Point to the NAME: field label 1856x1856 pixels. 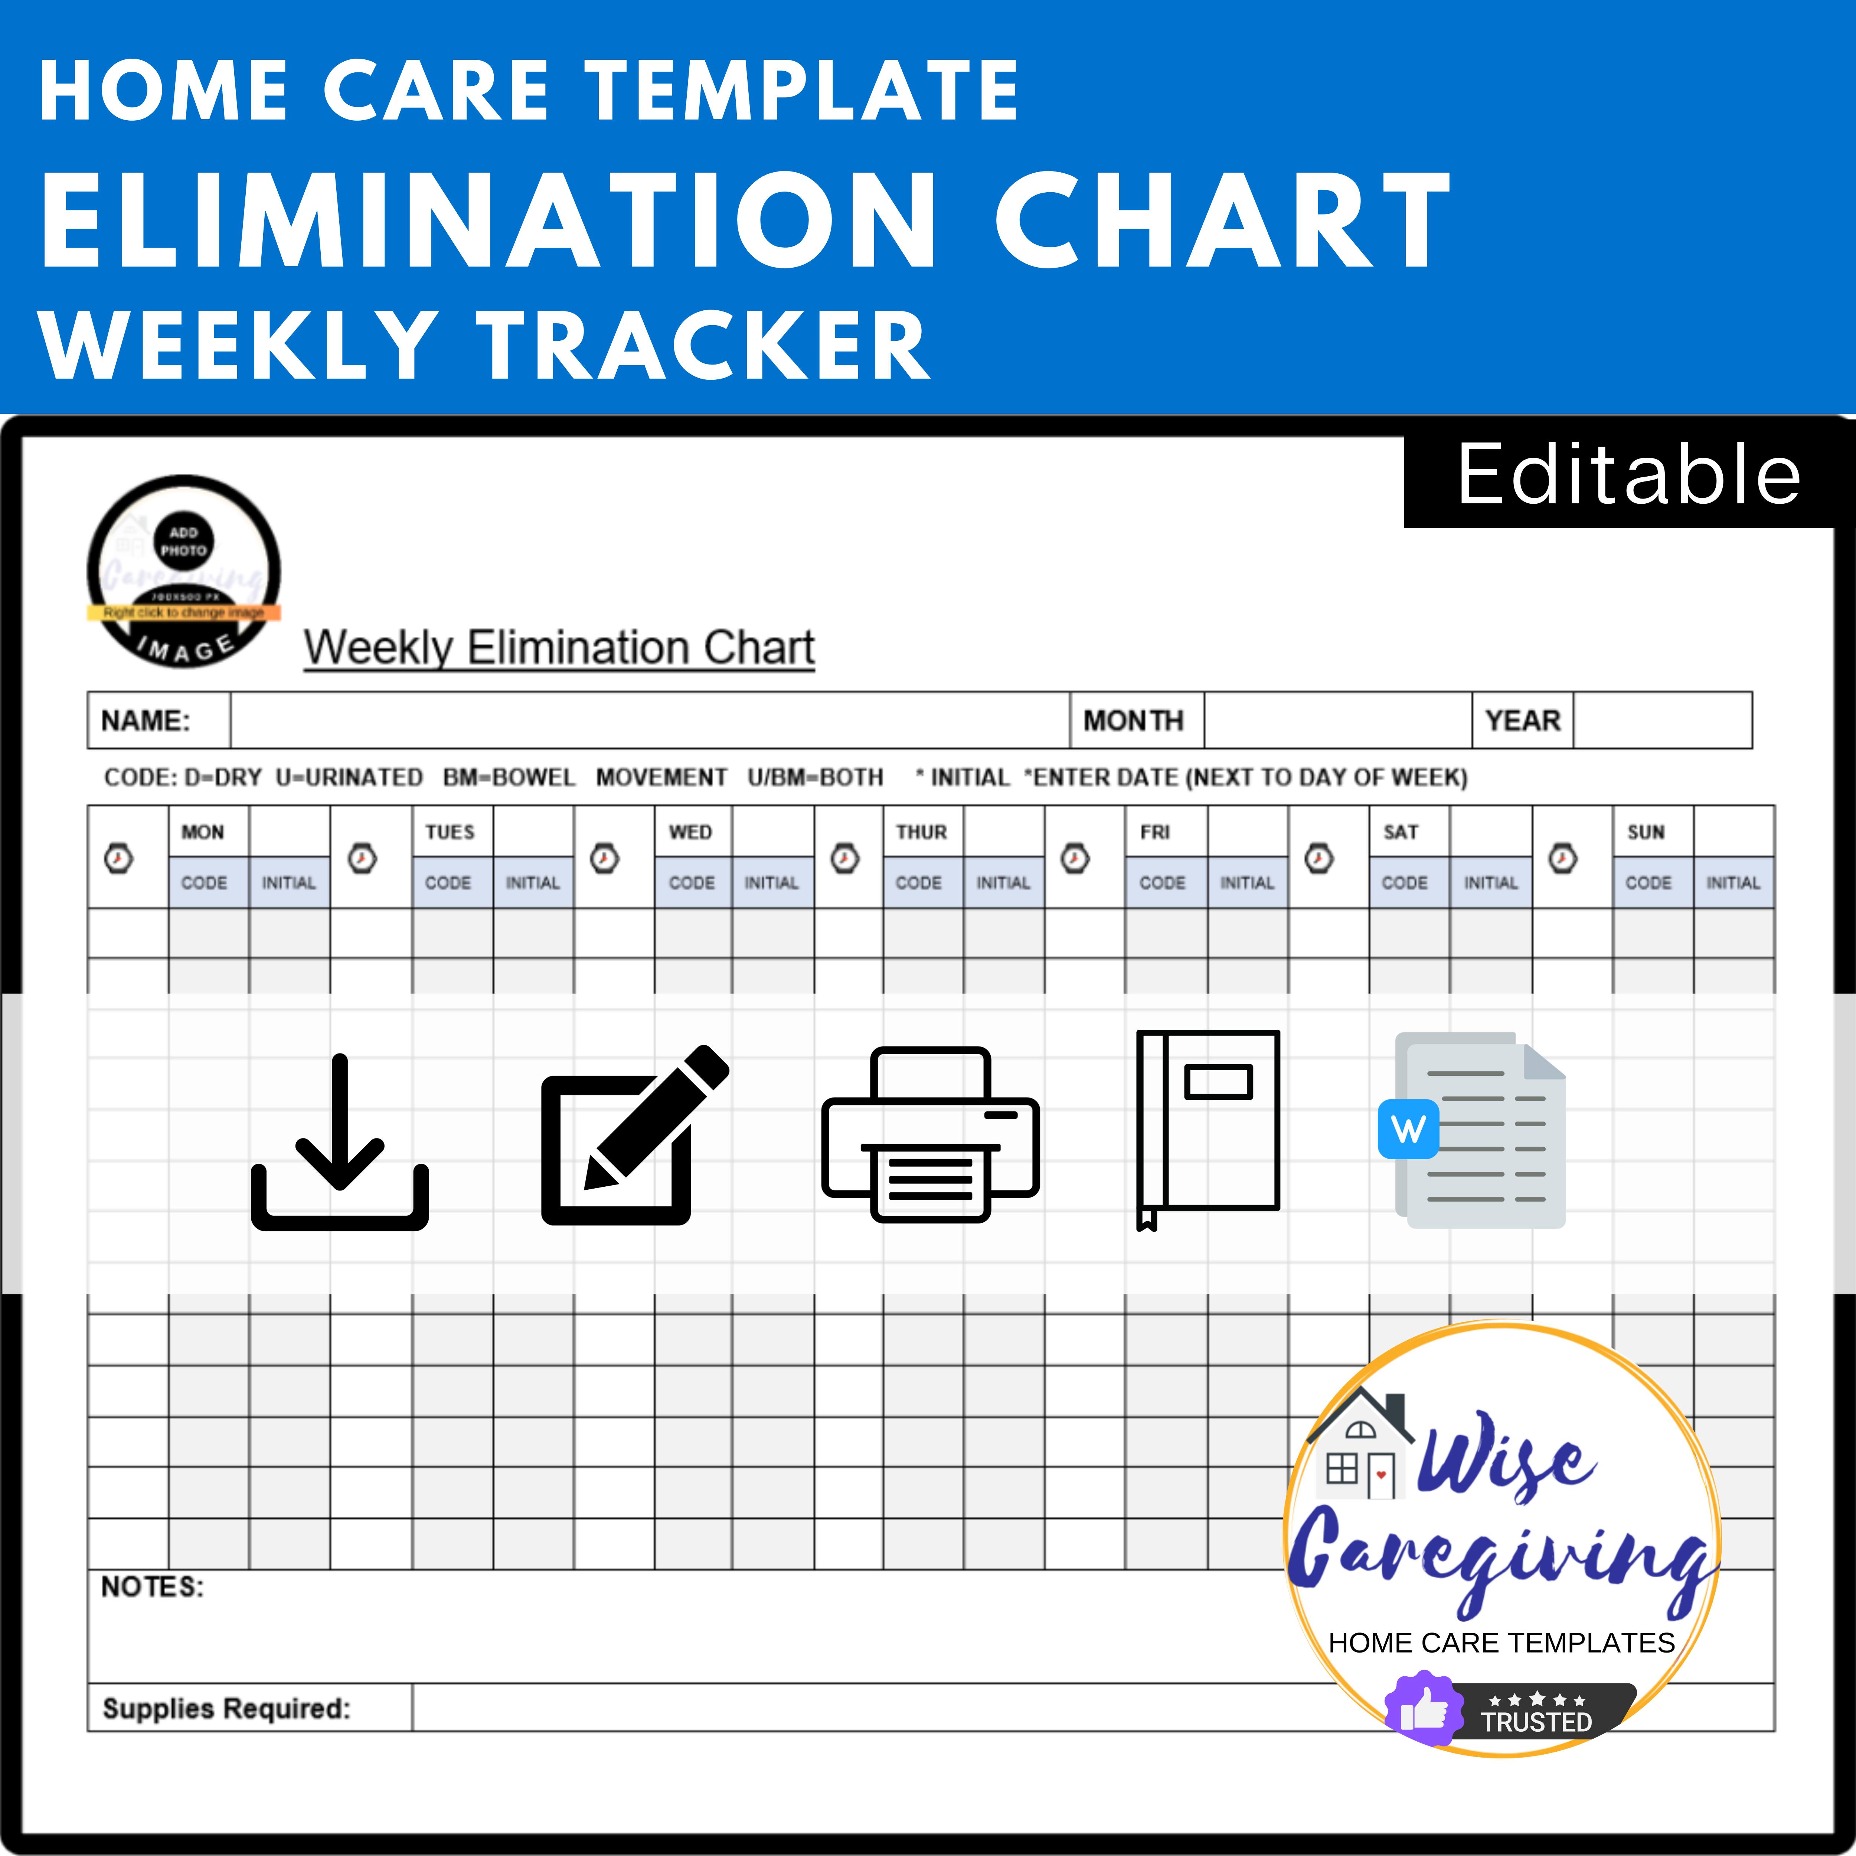pos(146,720)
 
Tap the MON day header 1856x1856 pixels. pos(203,832)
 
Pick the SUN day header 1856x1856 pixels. pos(1646,832)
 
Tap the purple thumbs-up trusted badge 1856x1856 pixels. pos(1424,1710)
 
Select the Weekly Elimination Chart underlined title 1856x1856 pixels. pos(559,648)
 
